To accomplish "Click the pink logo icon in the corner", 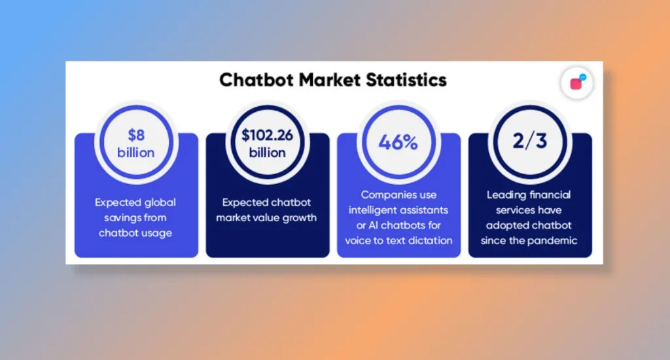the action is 577,82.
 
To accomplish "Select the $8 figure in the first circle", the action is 136,135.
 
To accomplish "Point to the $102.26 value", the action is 268,135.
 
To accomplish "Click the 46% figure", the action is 398,143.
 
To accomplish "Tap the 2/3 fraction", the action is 530,141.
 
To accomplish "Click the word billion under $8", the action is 136,153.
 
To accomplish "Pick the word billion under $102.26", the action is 268,153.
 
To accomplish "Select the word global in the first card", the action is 159,202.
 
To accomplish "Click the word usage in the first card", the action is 158,234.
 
